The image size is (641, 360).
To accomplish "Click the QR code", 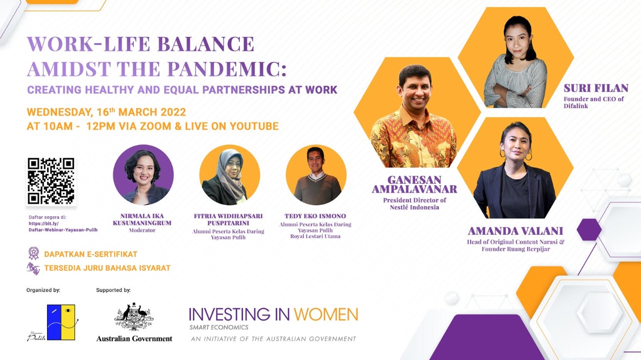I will pos(51,181).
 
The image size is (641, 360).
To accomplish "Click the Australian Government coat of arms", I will pos(134,317).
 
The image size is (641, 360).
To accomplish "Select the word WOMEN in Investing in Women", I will pos(326,314).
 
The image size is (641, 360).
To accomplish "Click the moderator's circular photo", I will pos(143,175).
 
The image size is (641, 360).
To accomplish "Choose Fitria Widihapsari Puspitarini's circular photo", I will pos(229,175).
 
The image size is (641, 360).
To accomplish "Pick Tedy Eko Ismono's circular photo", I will pos(316,175).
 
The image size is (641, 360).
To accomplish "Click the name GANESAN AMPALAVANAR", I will pos(414,184).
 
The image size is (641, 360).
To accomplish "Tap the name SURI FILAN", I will pos(596,89).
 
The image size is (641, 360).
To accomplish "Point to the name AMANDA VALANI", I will pos(515,231).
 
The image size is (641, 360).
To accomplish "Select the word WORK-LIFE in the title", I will pos(84,44).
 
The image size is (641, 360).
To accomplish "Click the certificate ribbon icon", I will pos(34,253).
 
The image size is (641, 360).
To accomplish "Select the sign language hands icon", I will pos(34,268).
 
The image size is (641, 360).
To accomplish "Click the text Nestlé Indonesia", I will pos(414,207).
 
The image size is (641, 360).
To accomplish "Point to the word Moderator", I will pos(142,230).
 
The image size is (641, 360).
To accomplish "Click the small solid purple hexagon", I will pos(589,230).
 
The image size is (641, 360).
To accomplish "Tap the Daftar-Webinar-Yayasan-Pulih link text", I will pos(63,230).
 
